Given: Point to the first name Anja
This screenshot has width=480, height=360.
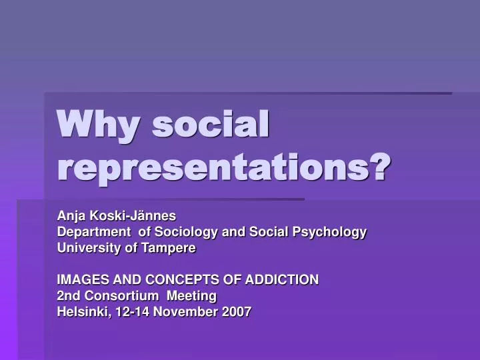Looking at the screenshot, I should (69, 216).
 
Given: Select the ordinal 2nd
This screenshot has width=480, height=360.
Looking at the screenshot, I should (68, 295).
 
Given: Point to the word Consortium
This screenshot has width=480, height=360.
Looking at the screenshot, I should (117, 295).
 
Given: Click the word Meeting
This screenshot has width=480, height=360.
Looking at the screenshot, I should (193, 295).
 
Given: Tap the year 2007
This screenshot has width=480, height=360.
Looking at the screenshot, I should (237, 311).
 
